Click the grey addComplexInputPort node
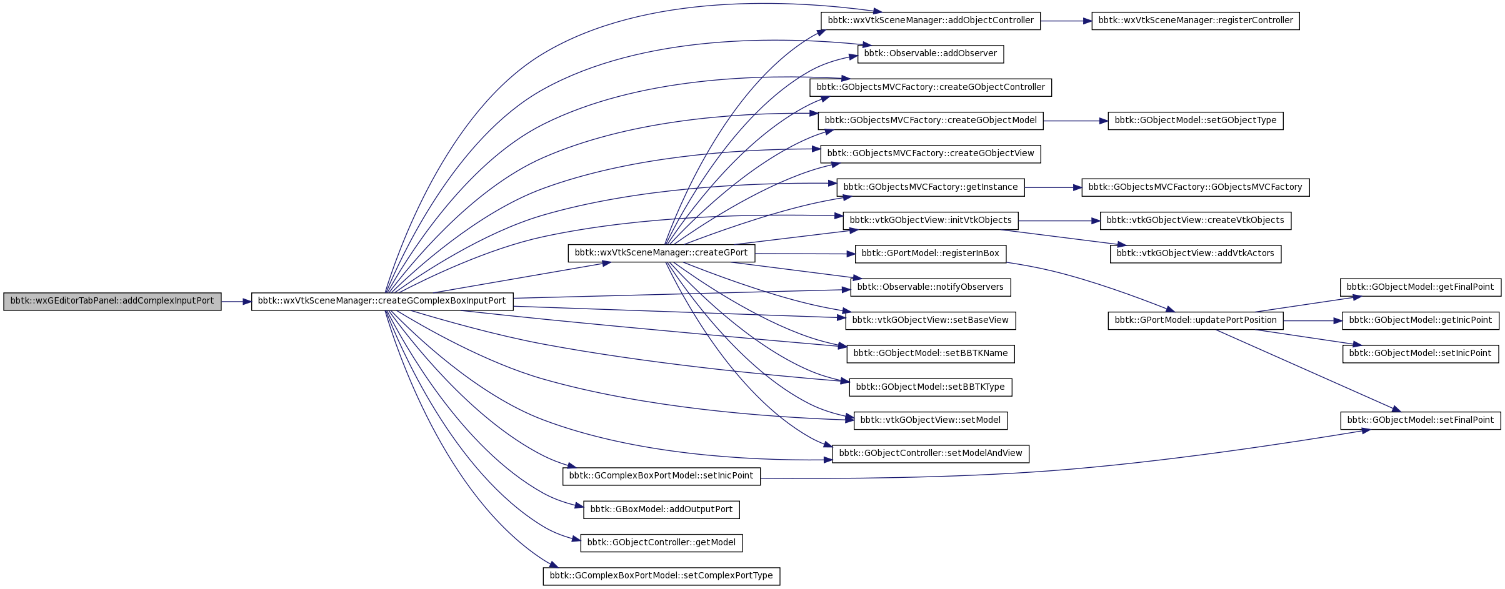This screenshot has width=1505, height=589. coord(112,301)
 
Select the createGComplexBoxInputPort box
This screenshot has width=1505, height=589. coord(382,301)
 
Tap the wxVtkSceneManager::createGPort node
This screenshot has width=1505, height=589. coord(661,253)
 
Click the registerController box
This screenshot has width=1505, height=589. coord(1196,21)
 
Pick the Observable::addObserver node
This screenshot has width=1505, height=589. coord(931,54)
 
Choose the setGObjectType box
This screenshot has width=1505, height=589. coord(1196,121)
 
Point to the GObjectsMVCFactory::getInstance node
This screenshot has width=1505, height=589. coord(931,187)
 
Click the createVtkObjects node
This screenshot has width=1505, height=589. coord(1196,220)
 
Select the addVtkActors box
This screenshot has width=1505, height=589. coord(1196,254)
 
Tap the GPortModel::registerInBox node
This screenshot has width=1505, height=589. coord(931,254)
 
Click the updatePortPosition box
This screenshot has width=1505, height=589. coord(1196,320)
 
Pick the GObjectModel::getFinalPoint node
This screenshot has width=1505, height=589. coord(1421,287)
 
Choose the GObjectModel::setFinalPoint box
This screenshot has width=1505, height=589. coord(1421,420)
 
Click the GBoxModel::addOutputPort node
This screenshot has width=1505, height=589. coord(661,510)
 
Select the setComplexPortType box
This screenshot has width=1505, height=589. coord(661,576)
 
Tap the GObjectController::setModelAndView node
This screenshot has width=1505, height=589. coord(931,453)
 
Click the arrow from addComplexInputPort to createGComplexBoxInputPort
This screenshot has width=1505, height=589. coord(236,302)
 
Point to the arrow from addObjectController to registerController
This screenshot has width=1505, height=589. coord(1066,21)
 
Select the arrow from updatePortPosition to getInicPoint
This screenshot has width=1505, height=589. coord(1312,321)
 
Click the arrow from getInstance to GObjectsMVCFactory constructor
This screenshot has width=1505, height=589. coord(1053,187)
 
